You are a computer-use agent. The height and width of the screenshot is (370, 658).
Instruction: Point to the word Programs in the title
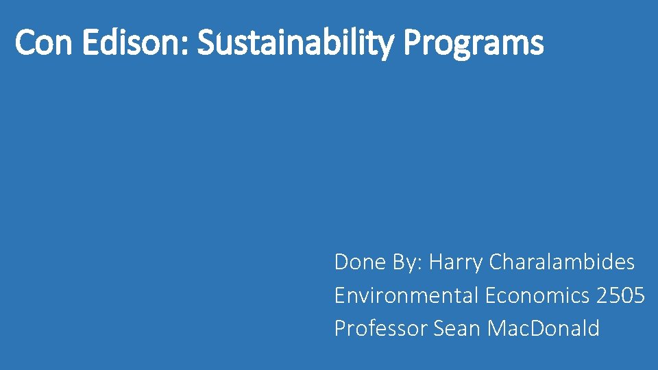pyautogui.click(x=474, y=43)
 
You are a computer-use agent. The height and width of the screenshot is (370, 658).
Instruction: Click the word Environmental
pyautogui.click(x=406, y=295)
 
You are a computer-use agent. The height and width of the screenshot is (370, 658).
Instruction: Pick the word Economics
pyautogui.click(x=537, y=295)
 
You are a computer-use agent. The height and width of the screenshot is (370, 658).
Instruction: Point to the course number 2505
pyautogui.click(x=620, y=295)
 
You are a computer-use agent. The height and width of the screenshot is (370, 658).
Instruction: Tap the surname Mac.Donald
pyautogui.click(x=544, y=328)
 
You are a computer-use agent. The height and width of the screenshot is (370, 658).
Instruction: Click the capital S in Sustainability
pyautogui.click(x=205, y=43)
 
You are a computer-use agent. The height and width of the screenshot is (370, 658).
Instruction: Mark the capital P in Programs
pyautogui.click(x=412, y=43)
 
